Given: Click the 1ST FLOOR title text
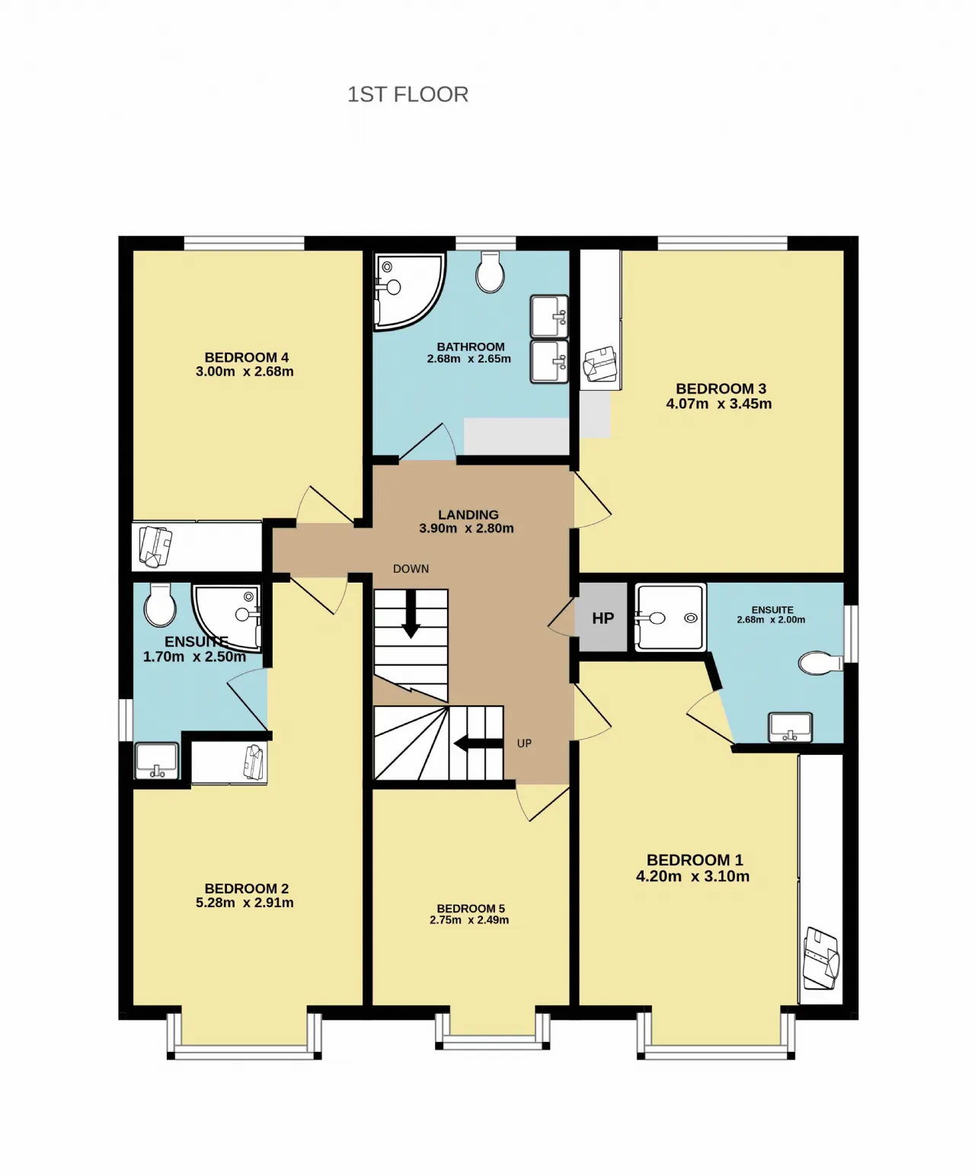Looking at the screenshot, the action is (408, 94).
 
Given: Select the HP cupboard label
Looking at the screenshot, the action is (603, 618).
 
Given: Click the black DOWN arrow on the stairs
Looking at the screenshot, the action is (411, 614).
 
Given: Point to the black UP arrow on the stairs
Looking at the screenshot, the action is (478, 744).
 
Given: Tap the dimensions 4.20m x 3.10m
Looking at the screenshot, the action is (693, 877).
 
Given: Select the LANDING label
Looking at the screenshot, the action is (468, 515).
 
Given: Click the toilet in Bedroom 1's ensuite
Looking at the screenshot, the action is (820, 663).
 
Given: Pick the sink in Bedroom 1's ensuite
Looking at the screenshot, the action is (790, 727).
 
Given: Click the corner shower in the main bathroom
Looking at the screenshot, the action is (408, 290).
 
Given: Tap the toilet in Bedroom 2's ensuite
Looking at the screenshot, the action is (160, 605).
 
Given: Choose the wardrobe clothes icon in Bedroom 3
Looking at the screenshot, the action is (600, 364).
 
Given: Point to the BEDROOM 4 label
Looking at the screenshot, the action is (246, 358).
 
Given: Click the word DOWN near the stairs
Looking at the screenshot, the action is (411, 569).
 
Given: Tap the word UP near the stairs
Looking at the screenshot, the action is (524, 743).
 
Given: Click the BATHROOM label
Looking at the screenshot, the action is (470, 347).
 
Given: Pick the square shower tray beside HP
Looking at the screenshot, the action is (670, 618).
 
